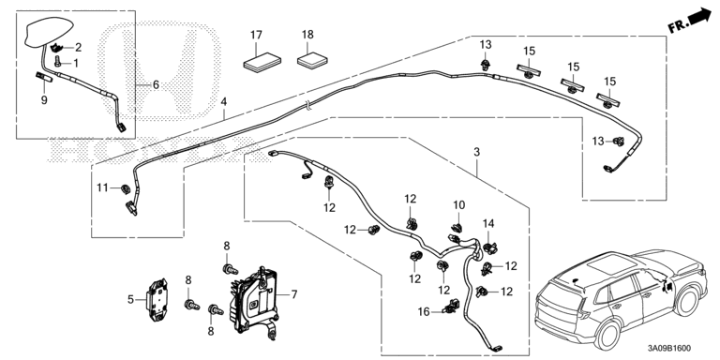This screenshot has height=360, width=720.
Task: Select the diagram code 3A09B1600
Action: (x=669, y=349)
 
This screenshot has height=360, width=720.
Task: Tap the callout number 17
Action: (x=256, y=35)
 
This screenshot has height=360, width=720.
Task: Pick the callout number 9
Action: (x=44, y=100)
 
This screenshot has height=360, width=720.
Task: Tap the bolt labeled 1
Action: (x=58, y=62)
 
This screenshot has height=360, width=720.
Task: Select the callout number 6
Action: (x=156, y=85)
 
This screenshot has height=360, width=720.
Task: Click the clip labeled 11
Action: (x=125, y=188)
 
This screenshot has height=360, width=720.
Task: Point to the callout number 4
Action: (x=224, y=101)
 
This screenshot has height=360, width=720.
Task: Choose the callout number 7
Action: (x=293, y=294)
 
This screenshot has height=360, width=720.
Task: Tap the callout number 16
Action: (x=424, y=312)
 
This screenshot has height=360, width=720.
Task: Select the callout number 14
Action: (x=488, y=224)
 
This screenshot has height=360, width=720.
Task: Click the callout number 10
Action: (x=458, y=204)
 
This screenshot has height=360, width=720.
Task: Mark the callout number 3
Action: (x=476, y=152)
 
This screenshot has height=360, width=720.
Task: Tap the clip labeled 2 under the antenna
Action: (x=57, y=47)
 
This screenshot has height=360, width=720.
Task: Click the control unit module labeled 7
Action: (x=255, y=301)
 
